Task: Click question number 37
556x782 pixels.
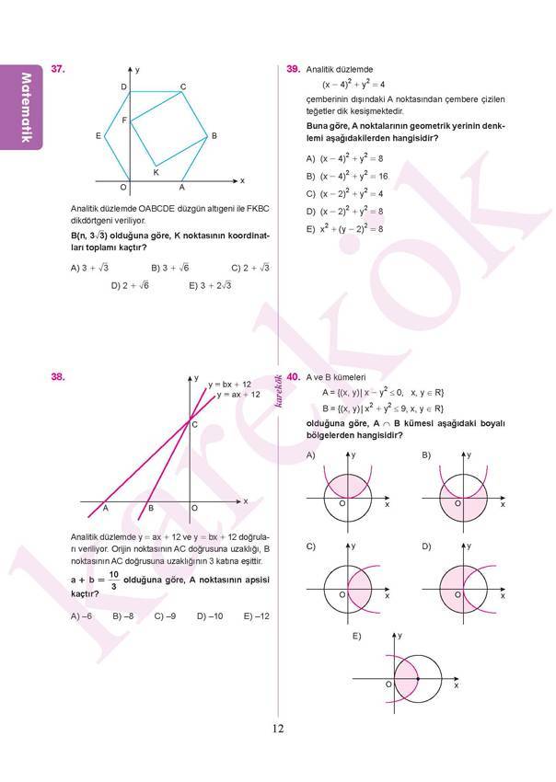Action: pyautogui.click(x=58, y=69)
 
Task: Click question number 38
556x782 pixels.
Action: pyautogui.click(x=58, y=377)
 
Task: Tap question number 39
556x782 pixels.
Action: pyautogui.click(x=294, y=69)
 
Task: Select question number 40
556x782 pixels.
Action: pyautogui.click(x=294, y=377)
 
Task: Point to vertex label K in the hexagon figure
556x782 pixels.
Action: pyautogui.click(x=156, y=172)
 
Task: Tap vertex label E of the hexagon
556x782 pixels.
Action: pyautogui.click(x=98, y=136)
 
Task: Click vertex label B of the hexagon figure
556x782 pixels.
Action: pyautogui.click(x=214, y=136)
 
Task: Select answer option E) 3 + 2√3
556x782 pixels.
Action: pyautogui.click(x=210, y=286)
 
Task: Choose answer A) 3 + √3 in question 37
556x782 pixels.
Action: pyautogui.click(x=89, y=268)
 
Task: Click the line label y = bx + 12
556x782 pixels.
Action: pyautogui.click(x=229, y=384)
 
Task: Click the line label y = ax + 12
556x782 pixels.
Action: pyautogui.click(x=238, y=395)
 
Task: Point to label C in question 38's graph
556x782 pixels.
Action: pyautogui.click(x=192, y=423)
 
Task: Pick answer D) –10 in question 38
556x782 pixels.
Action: pyautogui.click(x=210, y=616)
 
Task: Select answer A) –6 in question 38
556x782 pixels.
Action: pyautogui.click(x=82, y=616)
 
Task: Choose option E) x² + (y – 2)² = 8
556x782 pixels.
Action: pyautogui.click(x=344, y=228)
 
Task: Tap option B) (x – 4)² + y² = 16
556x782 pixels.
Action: pyautogui.click(x=347, y=175)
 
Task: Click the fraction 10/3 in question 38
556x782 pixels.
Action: pyautogui.click(x=113, y=581)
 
